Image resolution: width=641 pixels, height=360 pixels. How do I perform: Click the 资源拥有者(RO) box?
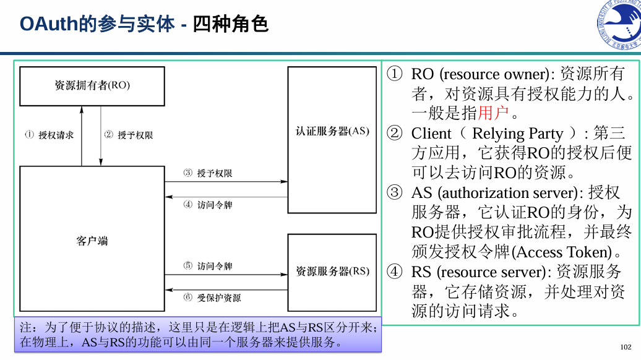tap(92, 86)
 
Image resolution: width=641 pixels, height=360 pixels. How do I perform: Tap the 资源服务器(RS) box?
tap(332, 272)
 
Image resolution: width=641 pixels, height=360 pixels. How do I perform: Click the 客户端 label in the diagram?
tap(92, 241)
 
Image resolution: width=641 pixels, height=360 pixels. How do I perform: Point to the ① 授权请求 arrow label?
tap(49, 135)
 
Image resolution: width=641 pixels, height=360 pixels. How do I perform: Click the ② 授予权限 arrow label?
tap(128, 135)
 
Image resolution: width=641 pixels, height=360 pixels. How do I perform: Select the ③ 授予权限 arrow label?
tap(208, 173)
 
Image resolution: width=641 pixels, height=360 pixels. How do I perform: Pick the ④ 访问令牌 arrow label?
tap(208, 205)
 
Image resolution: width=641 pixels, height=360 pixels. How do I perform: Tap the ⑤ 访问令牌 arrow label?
tap(208, 266)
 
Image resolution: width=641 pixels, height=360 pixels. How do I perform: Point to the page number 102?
tap(626, 347)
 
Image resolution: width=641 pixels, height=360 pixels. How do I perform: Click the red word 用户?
tap(493, 113)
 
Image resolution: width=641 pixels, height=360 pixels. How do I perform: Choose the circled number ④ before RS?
tap(395, 272)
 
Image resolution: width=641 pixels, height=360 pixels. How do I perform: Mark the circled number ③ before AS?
tap(395, 193)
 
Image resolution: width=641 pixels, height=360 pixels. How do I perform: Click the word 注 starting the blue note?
tap(25, 327)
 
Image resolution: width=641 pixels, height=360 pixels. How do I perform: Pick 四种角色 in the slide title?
tap(230, 24)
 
